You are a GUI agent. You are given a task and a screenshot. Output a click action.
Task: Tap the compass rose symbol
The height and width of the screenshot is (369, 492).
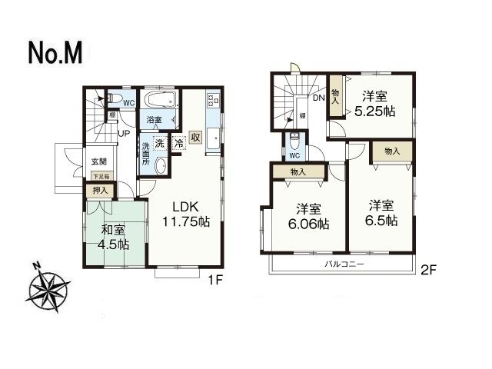[x=48, y=288]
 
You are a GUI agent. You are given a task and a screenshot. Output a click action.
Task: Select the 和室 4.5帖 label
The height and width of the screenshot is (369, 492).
[x=112, y=237]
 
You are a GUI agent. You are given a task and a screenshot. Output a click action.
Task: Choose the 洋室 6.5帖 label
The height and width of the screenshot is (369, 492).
[x=382, y=213]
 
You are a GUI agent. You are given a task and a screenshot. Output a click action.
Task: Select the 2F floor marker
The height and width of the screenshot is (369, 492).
[x=428, y=271]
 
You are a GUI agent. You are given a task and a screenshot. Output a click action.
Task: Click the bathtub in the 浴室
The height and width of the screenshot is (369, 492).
[x=161, y=100]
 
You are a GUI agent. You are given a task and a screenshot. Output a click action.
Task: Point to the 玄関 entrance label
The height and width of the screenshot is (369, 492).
[x=99, y=161]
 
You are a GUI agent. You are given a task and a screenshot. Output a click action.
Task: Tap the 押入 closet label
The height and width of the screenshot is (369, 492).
[x=100, y=189]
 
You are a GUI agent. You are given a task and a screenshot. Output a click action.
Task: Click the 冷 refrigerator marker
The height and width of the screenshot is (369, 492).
[x=178, y=142]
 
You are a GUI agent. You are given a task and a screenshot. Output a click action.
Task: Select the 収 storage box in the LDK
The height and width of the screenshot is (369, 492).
[x=196, y=138]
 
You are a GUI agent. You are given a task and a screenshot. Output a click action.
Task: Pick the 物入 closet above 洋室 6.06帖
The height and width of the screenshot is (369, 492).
[x=298, y=171]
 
